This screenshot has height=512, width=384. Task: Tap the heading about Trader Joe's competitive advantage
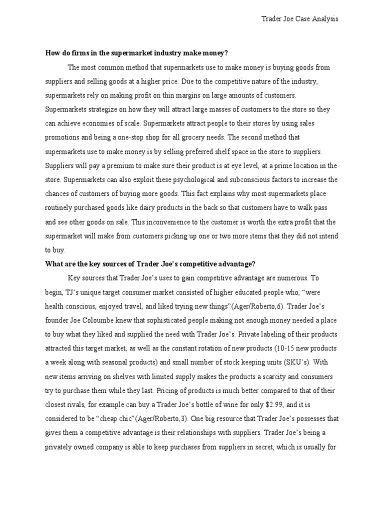(x=150, y=263)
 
